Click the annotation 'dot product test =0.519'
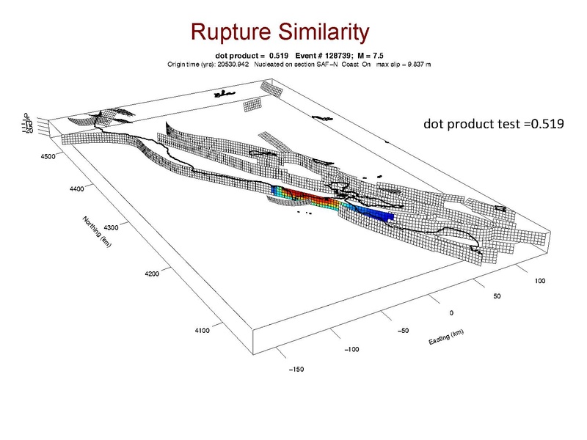(493, 124)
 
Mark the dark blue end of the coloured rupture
(386, 215)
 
